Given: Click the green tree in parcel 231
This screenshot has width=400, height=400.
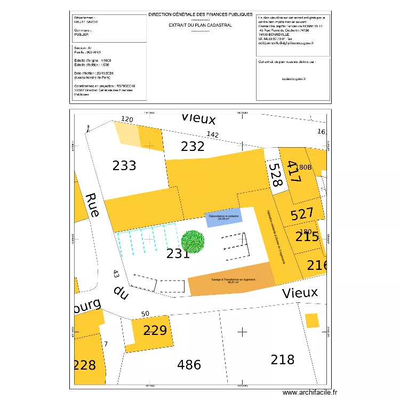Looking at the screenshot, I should tap(193, 241).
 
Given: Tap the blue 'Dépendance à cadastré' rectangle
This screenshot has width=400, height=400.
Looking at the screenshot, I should tap(224, 217).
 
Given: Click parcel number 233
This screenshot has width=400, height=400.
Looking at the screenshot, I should tap(124, 166).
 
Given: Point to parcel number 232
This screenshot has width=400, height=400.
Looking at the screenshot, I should tap(193, 146).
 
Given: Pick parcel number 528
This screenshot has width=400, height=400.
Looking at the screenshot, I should tap(275, 174).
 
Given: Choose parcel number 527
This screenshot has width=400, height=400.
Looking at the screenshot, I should tap(302, 215).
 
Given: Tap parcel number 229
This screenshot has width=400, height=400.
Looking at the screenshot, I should tap(156, 331).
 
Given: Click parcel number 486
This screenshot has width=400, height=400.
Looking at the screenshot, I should tap(189, 365).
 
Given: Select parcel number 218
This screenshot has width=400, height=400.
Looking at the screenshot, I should tap(282, 359).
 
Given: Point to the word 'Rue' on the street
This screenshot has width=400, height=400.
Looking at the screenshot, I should tap(93, 205).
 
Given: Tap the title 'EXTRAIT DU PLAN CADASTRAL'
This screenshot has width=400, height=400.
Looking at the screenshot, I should tap(200, 25).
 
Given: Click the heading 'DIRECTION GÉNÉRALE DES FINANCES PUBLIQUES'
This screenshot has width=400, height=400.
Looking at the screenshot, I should tap(200, 15).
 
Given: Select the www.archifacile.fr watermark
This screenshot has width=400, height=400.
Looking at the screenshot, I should tap(310, 392).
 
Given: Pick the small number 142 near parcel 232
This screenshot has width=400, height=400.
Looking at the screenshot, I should tap(213, 135).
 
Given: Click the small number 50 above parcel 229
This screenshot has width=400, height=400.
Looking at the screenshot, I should tap(145, 314).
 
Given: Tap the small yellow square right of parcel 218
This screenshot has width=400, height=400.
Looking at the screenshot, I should tap(312, 321).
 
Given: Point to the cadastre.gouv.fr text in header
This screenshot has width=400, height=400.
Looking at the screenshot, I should tap(293, 78).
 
